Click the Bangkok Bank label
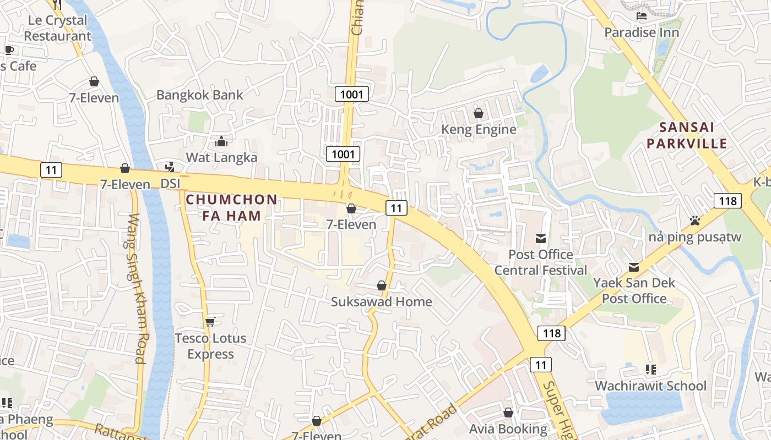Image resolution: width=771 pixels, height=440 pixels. click(x=199, y=95)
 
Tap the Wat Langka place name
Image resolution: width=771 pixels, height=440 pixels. click(x=221, y=157)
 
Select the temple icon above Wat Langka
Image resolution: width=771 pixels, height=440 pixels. click(x=221, y=142)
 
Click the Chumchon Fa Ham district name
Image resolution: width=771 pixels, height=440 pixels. click(x=231, y=207)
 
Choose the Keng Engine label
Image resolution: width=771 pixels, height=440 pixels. click(x=479, y=129)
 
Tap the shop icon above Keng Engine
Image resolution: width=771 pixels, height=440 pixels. click(x=479, y=113)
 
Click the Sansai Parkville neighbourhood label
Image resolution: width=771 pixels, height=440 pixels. click(x=687, y=135)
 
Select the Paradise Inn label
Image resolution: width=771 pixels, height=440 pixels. click(x=642, y=32)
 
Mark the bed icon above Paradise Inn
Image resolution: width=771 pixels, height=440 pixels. click(x=642, y=16)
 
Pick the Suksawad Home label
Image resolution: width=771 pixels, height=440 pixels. click(x=381, y=301)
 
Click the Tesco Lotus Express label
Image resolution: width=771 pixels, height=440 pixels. click(x=210, y=346)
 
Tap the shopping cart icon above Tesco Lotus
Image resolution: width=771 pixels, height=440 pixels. click(x=210, y=322)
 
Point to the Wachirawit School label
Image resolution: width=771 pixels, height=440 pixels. click(x=650, y=386)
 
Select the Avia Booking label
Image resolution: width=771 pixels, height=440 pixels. click(x=508, y=428)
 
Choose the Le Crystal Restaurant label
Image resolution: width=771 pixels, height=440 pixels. click(x=57, y=28)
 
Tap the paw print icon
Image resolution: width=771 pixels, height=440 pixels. click(x=695, y=221)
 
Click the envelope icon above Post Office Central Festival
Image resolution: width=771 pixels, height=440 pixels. click(x=541, y=238)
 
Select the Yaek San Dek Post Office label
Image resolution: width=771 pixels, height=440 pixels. click(x=634, y=290)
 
